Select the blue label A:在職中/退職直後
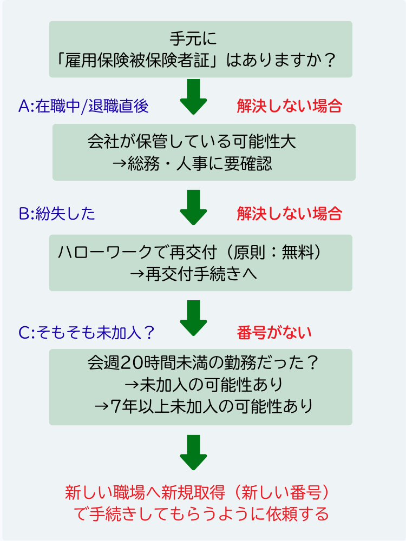(x=83, y=107)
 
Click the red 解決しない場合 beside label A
(x=289, y=106)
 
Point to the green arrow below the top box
(x=193, y=97)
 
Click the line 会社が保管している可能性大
(x=192, y=142)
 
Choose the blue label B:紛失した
(x=57, y=214)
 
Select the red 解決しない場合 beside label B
(x=289, y=214)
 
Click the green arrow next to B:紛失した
(x=193, y=207)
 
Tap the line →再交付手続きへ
(x=193, y=274)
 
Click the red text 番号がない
(x=274, y=333)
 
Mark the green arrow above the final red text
(x=193, y=452)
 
